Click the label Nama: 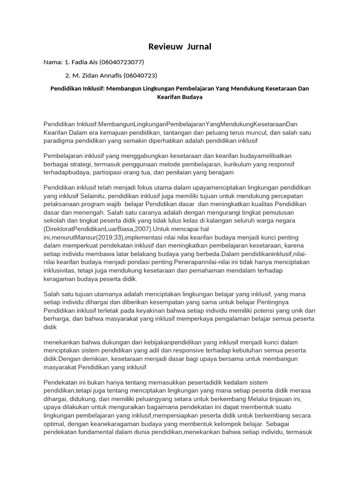pyautogui.click(x=53, y=62)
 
